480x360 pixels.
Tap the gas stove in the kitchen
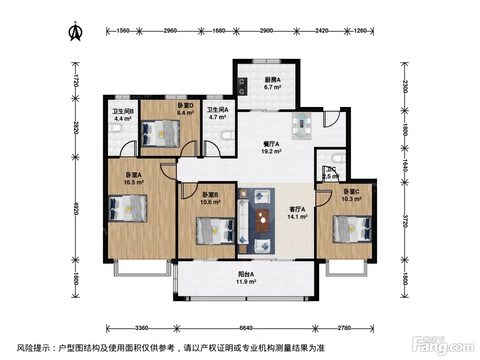[242, 86]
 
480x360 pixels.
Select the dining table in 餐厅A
[302, 126]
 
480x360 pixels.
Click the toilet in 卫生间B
[115, 128]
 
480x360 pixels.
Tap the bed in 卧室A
[128, 208]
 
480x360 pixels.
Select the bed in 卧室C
[352, 229]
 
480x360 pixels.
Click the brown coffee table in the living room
[262, 221]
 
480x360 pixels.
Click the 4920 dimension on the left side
[76, 208]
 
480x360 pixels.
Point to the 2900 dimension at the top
[266, 31]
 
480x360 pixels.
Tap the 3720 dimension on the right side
[405, 221]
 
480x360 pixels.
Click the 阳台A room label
[246, 274]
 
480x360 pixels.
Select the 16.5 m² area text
[134, 182]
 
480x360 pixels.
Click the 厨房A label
[273, 80]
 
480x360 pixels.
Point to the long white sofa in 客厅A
[243, 221]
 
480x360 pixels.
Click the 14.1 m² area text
[297, 217]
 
